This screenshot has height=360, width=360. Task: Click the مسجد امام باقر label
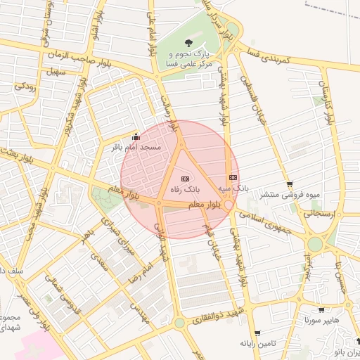pos(137,148)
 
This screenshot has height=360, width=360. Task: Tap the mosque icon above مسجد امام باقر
pos(136,137)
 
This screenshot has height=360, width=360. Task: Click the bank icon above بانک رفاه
pos(186,179)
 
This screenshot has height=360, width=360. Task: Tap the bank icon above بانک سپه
pos(233,178)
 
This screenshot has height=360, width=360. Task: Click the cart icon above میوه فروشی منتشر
pos(290,184)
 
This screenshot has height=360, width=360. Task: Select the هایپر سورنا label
pos(321,320)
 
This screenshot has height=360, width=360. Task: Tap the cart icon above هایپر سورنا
pos(321,309)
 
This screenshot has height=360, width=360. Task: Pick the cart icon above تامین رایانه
pos(258,333)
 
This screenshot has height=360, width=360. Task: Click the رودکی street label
pos(25,87)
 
